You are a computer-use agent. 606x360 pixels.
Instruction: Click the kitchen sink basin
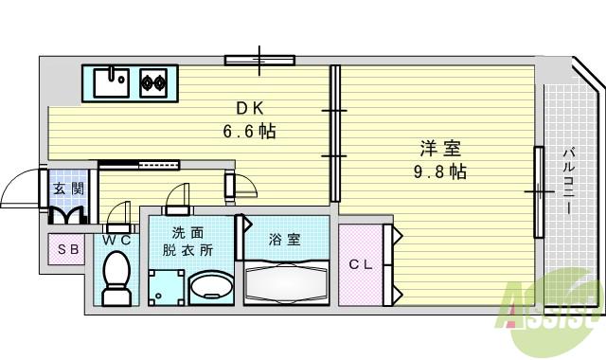(111, 81)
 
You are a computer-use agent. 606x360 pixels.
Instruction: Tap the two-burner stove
(153, 82)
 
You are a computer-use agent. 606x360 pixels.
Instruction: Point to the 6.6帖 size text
(250, 132)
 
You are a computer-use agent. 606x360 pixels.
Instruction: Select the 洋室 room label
(440, 149)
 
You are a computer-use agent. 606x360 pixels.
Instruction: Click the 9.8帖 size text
(440, 171)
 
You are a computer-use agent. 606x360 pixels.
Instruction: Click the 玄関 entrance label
(68, 189)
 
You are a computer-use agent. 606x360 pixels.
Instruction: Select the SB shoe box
(67, 250)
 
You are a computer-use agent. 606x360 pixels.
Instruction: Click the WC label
(116, 241)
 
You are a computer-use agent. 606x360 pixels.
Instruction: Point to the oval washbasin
(209, 287)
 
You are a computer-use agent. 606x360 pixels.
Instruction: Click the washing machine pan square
(167, 287)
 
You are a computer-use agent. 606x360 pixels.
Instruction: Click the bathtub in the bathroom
(286, 281)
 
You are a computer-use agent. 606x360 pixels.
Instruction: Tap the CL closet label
(360, 264)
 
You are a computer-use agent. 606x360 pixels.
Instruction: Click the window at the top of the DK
(259, 60)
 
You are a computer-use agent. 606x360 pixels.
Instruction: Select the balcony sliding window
(538, 191)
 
